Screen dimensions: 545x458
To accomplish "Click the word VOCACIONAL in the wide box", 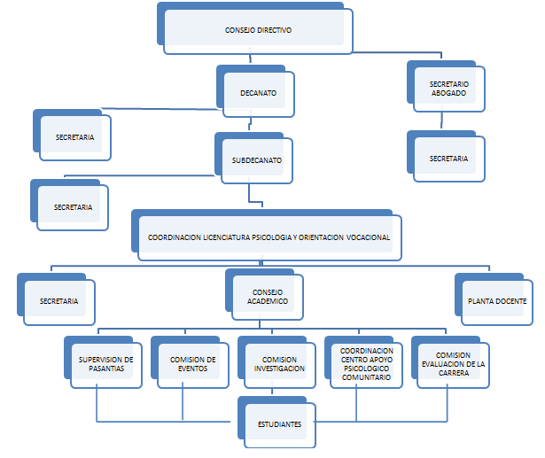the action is [368, 237].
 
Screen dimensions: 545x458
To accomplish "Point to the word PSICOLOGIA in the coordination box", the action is [272, 237].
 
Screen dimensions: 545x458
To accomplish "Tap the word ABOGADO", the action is [448, 93].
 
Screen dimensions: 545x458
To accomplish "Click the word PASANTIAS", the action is [106, 369].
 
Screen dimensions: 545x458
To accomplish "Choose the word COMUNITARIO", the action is [366, 377].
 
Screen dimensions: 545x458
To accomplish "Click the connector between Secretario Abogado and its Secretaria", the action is [442, 120].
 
